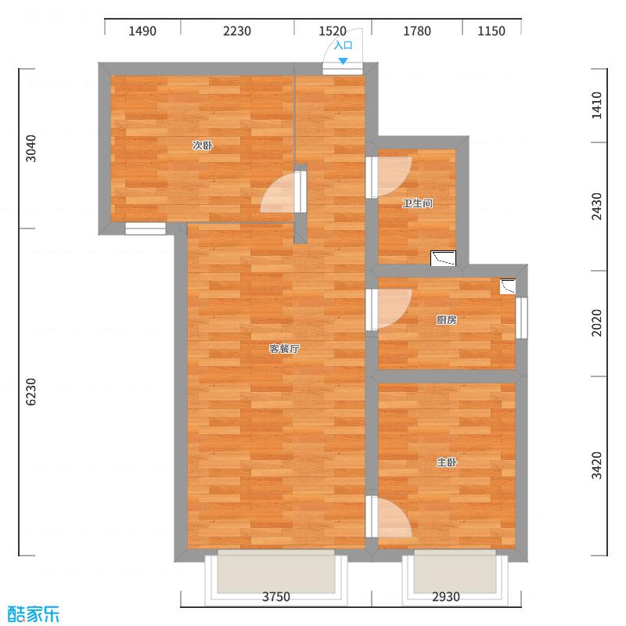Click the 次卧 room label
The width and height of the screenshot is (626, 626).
(203, 146)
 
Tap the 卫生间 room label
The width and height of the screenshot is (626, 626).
(417, 204)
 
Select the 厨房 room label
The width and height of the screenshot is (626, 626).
(446, 320)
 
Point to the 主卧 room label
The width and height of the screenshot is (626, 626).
(446, 462)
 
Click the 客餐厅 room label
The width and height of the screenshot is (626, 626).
(284, 349)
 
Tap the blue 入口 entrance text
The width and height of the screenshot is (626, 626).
(343, 45)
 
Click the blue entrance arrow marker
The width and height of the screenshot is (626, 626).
(343, 60)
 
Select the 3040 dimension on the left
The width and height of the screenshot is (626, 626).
(31, 149)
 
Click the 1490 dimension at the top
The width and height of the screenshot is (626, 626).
(142, 31)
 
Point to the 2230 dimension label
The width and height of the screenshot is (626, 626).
(237, 31)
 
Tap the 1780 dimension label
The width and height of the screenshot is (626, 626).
(417, 31)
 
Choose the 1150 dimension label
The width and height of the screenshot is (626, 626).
(491, 31)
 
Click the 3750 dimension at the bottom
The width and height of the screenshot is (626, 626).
(275, 597)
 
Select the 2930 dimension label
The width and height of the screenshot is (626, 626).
(446, 597)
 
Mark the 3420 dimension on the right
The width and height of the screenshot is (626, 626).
(597, 466)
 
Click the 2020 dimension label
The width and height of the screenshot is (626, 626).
(597, 323)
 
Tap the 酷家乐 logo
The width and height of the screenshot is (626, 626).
(33, 613)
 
